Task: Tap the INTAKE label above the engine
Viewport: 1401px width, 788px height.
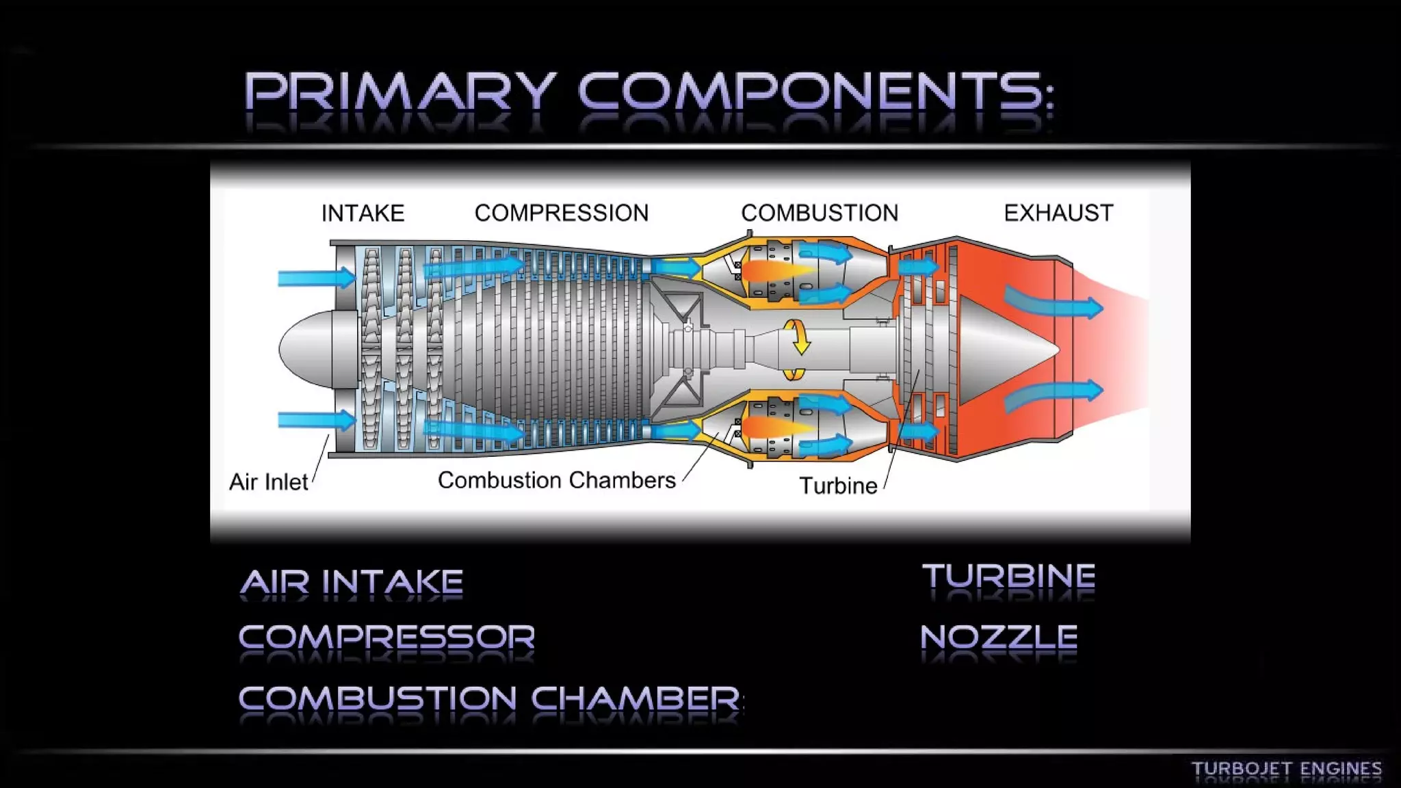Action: (363, 213)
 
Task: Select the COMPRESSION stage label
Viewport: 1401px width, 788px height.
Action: (561, 213)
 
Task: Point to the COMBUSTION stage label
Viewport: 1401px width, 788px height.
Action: (819, 213)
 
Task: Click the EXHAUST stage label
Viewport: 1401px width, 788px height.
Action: (1058, 213)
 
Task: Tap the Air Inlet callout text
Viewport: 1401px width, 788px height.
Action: (268, 482)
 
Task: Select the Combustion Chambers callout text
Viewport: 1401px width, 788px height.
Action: (556, 480)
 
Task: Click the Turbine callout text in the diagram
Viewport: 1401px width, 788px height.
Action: (838, 486)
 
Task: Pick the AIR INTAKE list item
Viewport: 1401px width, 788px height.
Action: (352, 582)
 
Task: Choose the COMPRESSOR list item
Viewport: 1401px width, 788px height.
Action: (387, 637)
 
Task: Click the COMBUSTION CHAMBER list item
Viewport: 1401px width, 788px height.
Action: (490, 698)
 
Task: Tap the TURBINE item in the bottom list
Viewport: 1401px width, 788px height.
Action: (1008, 576)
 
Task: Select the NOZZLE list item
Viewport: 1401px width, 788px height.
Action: (999, 637)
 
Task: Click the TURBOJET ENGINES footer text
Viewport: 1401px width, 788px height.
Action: (1286, 769)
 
